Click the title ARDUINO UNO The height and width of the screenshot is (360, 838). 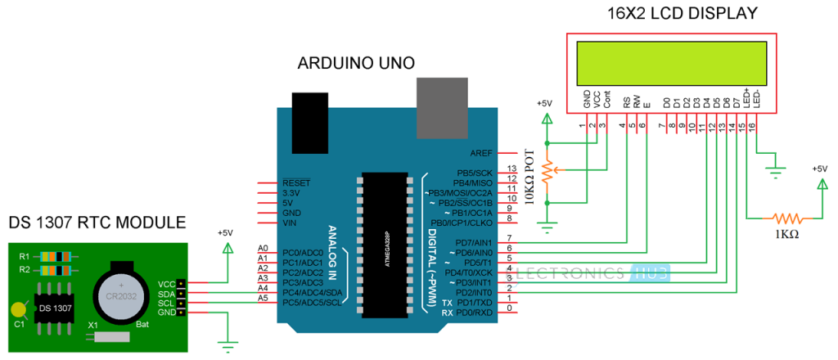click(x=356, y=63)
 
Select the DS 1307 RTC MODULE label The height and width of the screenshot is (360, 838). click(x=97, y=223)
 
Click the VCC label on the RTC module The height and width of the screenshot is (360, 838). click(x=166, y=283)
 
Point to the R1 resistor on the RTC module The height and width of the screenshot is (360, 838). click(x=52, y=256)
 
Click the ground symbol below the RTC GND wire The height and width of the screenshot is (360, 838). click(x=227, y=344)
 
